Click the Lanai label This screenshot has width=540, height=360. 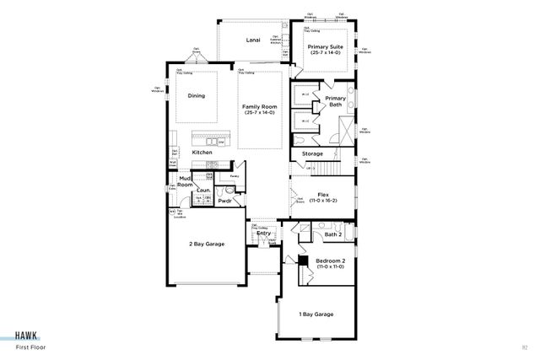coord(251,40)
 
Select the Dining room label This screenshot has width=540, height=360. coord(196,95)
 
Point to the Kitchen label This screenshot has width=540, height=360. coord(202,152)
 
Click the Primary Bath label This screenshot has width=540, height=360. coord(336,102)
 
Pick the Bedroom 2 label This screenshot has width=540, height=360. coord(329,261)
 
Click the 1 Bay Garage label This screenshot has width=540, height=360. coord(316,314)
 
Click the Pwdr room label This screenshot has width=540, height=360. coord(224,201)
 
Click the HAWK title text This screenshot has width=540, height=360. coord(28,333)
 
